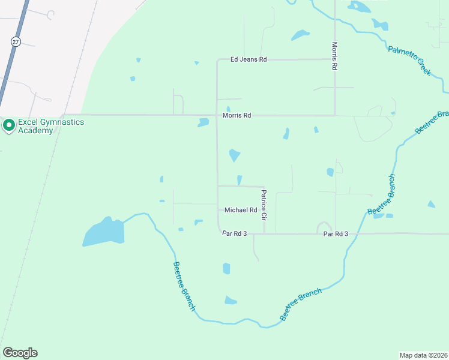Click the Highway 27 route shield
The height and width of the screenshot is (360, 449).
click(15, 41)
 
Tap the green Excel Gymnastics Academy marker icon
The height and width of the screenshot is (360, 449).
click(8, 126)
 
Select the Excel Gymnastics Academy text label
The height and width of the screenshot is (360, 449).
click(50, 126)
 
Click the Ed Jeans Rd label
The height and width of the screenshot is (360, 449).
click(249, 60)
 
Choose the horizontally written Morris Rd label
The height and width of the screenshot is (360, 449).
click(237, 115)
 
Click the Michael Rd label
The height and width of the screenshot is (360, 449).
click(241, 210)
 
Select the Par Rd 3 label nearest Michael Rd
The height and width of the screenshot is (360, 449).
click(235, 233)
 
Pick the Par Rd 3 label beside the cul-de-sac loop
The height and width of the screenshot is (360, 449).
click(336, 233)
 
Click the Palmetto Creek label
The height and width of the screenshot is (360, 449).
click(409, 60)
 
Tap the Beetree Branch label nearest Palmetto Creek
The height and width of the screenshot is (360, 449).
click(431, 122)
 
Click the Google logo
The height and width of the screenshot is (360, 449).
click(20, 353)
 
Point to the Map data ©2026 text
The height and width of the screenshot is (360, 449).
click(423, 355)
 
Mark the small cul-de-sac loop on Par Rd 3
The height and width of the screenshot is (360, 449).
click(324, 227)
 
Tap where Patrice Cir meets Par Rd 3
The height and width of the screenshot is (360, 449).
click(264, 233)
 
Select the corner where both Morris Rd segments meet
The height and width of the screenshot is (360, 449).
click(334, 115)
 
